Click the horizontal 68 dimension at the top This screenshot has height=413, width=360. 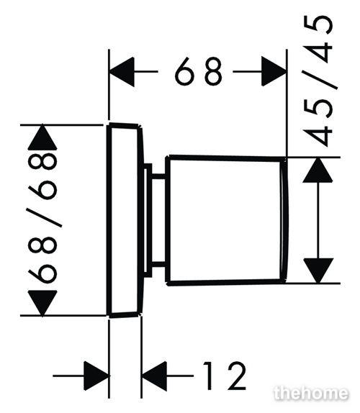click(x=199, y=71)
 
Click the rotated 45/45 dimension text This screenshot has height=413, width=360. click(x=318, y=81)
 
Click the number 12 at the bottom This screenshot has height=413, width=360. click(x=225, y=376)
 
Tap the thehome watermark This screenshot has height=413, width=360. click(x=311, y=394)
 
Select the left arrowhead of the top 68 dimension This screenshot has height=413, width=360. click(x=122, y=72)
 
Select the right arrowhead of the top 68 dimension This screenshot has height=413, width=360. click(x=274, y=71)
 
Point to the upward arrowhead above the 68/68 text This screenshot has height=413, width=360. click(x=42, y=137)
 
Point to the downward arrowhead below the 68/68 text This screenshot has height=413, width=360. click(x=42, y=303)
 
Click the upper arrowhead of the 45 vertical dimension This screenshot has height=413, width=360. click(x=318, y=170)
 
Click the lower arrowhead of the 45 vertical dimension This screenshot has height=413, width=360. click(x=318, y=271)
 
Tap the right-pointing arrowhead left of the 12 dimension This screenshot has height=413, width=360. click(x=96, y=376)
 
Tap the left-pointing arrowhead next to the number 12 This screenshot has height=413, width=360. click(x=154, y=376)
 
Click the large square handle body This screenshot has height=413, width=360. click(x=227, y=221)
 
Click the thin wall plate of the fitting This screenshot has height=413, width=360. click(x=125, y=220)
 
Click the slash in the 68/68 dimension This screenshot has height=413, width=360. click(x=44, y=217)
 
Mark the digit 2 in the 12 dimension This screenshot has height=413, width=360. click(x=237, y=376)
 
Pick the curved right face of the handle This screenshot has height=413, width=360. click(x=285, y=221)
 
